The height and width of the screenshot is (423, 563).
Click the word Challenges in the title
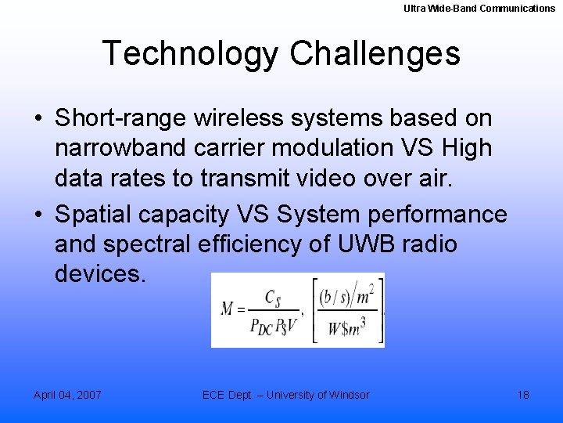click(375, 54)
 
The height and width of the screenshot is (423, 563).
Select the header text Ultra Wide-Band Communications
click(479, 9)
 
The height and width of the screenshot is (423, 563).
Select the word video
click(348, 178)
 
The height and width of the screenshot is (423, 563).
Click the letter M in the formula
click(228, 309)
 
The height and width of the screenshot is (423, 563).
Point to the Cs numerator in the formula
click(273, 298)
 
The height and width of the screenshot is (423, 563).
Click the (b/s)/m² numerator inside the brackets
click(346, 295)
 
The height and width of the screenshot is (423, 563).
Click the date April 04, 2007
click(67, 395)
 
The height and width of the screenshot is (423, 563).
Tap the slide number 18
click(523, 395)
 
